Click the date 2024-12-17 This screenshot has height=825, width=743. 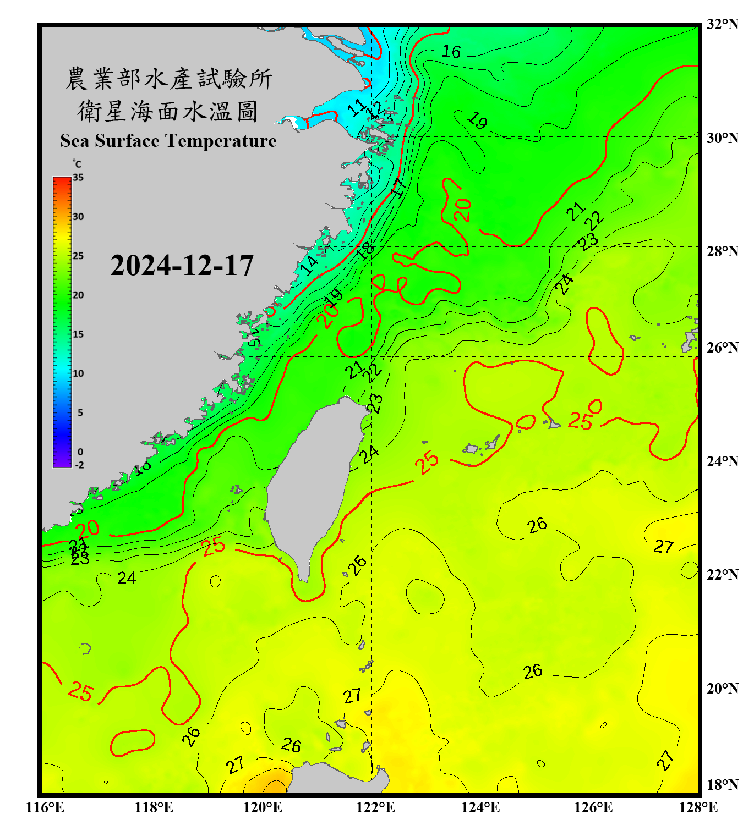(x=182, y=266)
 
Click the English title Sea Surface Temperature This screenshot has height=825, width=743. (x=168, y=141)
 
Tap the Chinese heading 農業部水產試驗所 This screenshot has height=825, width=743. (x=168, y=79)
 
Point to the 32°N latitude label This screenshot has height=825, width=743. (x=722, y=24)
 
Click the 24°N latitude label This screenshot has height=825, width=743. (x=722, y=461)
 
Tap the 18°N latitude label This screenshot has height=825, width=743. (x=722, y=785)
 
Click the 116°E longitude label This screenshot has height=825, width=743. (x=45, y=807)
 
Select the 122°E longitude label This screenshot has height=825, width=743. (x=375, y=807)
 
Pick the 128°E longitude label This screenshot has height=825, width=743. (x=698, y=807)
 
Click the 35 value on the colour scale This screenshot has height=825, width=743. (x=78, y=178)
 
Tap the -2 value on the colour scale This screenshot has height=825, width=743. (x=79, y=465)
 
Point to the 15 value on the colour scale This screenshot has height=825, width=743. (x=78, y=334)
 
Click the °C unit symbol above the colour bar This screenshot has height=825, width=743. (x=77, y=164)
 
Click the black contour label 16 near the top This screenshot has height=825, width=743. (x=451, y=52)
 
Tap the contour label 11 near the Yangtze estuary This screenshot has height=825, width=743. (x=357, y=107)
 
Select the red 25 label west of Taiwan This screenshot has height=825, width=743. (x=213, y=546)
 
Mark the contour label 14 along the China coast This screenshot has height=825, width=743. (x=309, y=265)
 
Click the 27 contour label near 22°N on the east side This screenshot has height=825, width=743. (x=664, y=546)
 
